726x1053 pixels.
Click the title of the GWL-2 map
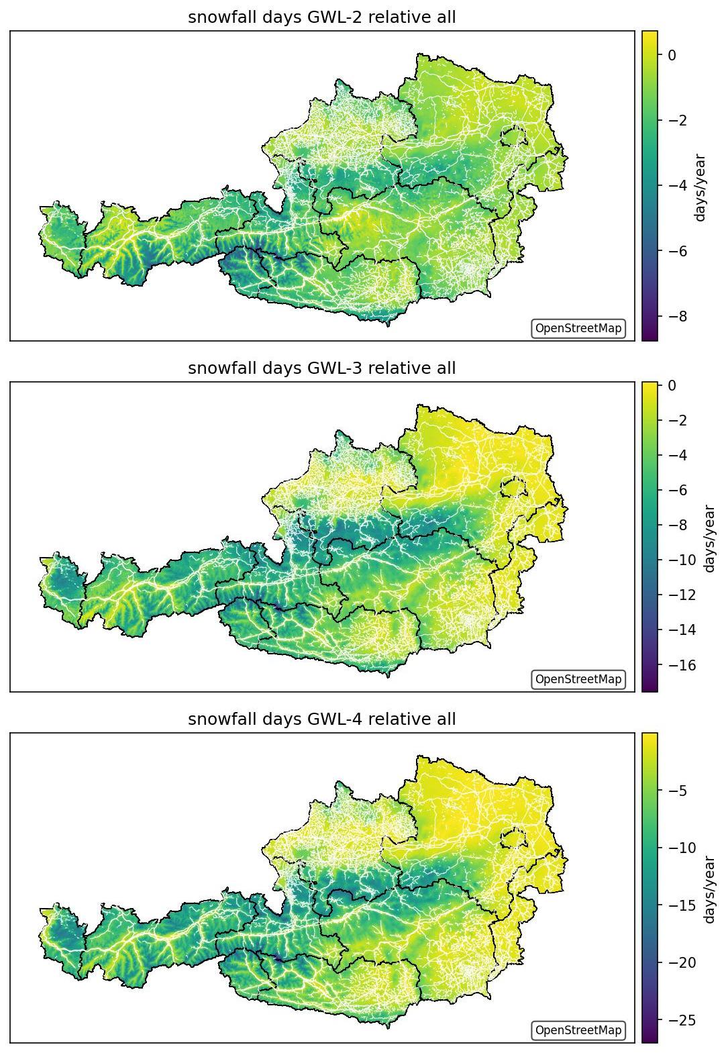click(x=322, y=17)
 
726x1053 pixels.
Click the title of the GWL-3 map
click(x=322, y=368)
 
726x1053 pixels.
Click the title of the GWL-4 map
click(x=322, y=719)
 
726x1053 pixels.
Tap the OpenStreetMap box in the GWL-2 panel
click(x=578, y=328)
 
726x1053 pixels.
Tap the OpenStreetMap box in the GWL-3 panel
click(x=578, y=679)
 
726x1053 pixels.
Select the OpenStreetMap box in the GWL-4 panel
click(x=578, y=1030)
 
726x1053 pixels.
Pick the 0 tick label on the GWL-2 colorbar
click(x=672, y=55)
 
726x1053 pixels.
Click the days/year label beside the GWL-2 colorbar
click(x=700, y=187)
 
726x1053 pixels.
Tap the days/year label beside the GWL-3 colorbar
click(x=709, y=539)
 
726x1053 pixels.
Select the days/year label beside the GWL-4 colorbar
click(x=709, y=890)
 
